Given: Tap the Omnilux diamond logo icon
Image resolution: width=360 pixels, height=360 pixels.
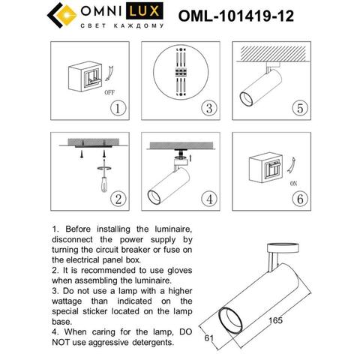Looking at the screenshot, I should (63, 16).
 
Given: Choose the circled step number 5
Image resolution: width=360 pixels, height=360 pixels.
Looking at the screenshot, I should (299, 106).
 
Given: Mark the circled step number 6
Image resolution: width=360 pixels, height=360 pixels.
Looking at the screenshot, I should (299, 199).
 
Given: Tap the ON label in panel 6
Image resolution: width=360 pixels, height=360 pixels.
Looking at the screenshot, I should (293, 183).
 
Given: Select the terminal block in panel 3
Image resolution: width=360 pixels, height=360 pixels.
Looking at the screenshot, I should (180, 73).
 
